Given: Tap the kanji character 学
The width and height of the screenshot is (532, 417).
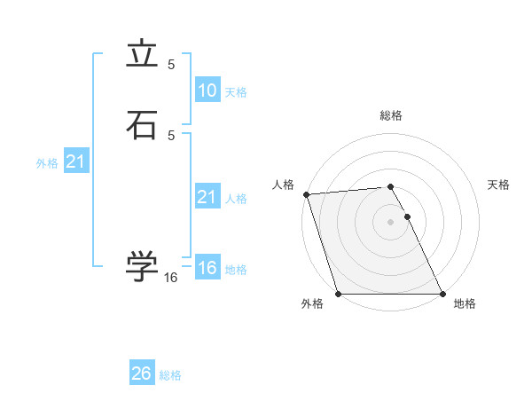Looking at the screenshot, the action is click(x=142, y=266).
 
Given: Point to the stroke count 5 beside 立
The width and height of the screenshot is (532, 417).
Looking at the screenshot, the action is click(x=171, y=65).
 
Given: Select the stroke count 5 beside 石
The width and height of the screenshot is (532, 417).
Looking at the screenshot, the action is click(x=171, y=135).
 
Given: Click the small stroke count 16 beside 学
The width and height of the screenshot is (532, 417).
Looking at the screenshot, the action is click(x=171, y=278).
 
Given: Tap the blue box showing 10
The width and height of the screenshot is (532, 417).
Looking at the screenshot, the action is click(x=207, y=90).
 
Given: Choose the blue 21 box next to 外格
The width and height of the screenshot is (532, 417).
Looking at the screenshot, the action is click(x=75, y=162).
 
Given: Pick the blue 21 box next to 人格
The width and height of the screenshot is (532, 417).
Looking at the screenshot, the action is click(x=207, y=197).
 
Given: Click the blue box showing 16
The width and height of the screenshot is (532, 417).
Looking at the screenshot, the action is click(x=207, y=268).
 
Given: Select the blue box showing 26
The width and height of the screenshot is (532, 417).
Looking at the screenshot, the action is click(x=141, y=374).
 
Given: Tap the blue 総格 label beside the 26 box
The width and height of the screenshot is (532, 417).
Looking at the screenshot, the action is click(x=170, y=375).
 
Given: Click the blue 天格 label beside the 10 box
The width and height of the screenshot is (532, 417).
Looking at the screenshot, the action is click(x=236, y=92).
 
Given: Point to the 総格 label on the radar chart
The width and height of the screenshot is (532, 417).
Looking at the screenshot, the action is click(x=390, y=116).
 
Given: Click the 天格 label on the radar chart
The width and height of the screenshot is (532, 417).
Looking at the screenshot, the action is click(x=498, y=185).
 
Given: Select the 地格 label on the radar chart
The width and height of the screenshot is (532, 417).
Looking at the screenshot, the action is click(x=465, y=303).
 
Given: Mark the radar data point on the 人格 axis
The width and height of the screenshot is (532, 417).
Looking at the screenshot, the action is click(x=306, y=194).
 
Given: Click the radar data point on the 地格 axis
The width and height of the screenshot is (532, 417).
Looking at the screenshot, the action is click(x=442, y=294).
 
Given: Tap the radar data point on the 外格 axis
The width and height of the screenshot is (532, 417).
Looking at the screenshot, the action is click(x=338, y=294).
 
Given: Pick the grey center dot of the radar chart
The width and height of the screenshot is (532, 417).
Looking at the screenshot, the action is click(x=390, y=221).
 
